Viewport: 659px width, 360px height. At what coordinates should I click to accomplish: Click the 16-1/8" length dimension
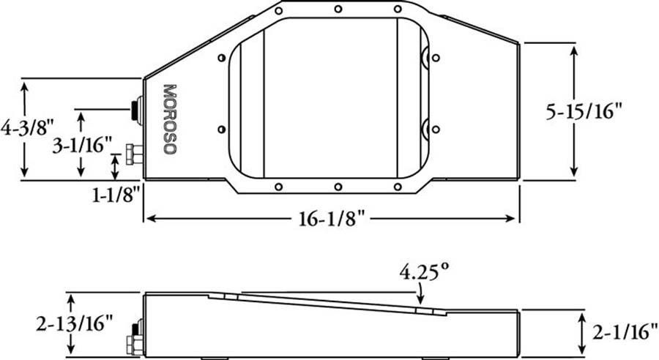coord(331,219)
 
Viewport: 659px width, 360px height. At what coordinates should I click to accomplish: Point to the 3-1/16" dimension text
coord(81,145)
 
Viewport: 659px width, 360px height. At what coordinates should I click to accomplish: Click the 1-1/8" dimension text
coord(115,197)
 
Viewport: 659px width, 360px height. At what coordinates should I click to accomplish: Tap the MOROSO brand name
coord(169,119)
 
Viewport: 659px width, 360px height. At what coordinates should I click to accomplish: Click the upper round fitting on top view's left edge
coord(135,109)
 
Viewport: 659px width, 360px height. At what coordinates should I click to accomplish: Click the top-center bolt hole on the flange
coord(338,10)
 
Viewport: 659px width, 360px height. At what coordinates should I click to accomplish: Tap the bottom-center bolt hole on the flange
coord(338,187)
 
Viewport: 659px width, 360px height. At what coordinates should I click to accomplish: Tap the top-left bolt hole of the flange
coord(278,10)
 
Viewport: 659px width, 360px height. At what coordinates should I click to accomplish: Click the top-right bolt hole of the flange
coord(398,10)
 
